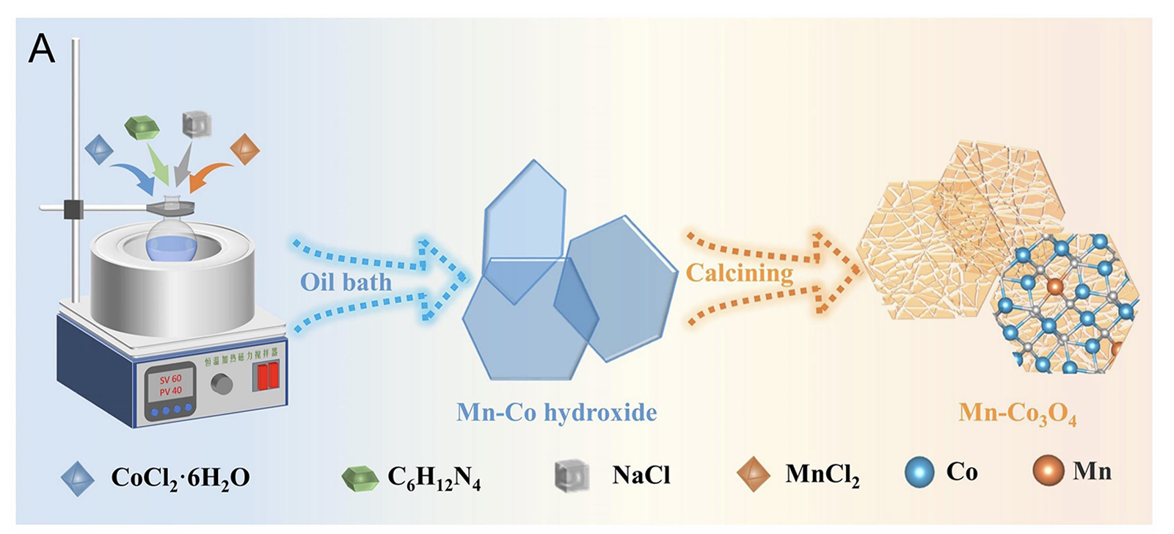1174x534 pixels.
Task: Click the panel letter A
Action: [42, 50]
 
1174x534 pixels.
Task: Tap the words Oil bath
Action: [346, 282]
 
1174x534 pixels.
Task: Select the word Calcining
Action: [739, 273]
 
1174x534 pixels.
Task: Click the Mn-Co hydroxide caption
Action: [556, 412]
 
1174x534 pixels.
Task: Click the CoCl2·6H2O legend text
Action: [181, 477]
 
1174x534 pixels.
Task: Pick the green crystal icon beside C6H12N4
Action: [360, 478]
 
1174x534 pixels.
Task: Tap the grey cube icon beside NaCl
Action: [572, 475]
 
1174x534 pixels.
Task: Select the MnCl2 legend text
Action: [822, 475]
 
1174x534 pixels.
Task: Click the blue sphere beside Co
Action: [919, 472]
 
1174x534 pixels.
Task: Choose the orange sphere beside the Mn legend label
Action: [1048, 471]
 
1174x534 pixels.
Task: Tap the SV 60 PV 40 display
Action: [171, 385]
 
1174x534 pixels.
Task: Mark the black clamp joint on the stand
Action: [74, 209]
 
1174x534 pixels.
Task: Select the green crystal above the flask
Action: [142, 128]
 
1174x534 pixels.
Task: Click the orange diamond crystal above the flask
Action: [244, 148]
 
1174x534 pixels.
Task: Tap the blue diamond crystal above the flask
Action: [99, 148]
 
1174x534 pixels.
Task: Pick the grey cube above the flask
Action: [197, 124]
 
